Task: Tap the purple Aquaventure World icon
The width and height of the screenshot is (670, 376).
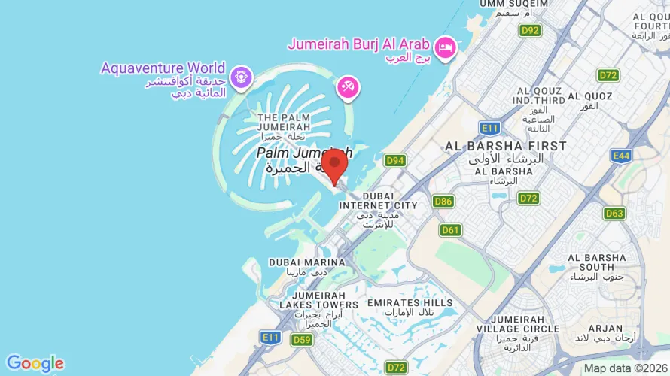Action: pos(240,76)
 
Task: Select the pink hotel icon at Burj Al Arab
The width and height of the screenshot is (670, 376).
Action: pos(446,46)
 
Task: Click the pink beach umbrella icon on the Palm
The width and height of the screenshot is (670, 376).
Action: pos(348,87)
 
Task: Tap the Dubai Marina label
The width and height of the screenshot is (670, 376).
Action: pos(307,262)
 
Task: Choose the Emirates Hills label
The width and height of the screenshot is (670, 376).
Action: pos(410,302)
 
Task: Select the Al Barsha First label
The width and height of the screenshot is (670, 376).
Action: pos(506,145)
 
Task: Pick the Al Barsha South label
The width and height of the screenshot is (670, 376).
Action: pos(597,262)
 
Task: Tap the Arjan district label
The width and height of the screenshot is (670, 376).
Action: pos(605,329)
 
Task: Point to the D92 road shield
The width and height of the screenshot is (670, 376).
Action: pos(530,30)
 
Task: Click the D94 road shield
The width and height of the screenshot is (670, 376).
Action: pos(394,160)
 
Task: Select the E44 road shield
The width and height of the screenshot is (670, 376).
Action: pos(620,156)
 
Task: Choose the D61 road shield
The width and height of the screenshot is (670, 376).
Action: pos(450,230)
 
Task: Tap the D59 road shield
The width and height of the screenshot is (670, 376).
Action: pos(302,340)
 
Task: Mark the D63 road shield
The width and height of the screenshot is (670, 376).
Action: pos(614,214)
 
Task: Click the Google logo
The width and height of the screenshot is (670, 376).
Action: pos(35,364)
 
